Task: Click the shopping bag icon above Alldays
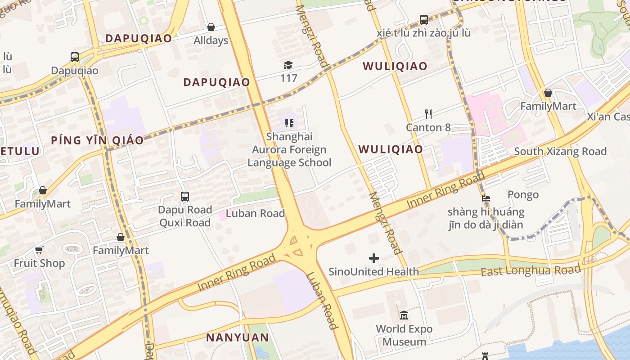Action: (x=211, y=27)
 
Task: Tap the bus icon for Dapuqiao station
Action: (x=75, y=57)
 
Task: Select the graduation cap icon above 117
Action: (x=288, y=65)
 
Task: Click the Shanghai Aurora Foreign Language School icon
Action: (x=289, y=123)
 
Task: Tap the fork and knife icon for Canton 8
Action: (x=428, y=114)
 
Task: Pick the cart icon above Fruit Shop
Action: (x=39, y=250)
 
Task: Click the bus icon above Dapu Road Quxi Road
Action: (x=184, y=197)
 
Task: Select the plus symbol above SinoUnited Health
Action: (x=373, y=258)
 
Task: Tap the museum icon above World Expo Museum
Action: (x=404, y=315)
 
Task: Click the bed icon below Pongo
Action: (x=486, y=198)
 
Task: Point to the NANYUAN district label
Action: (x=237, y=337)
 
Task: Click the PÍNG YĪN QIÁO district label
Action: (x=97, y=140)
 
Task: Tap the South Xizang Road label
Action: (x=560, y=151)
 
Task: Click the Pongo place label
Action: (x=523, y=194)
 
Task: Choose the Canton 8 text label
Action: (x=428, y=127)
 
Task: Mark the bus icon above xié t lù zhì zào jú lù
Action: (x=423, y=20)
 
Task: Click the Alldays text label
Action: (x=211, y=40)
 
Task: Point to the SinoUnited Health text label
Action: (x=373, y=271)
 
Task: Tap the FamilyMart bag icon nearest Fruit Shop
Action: (x=120, y=237)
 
